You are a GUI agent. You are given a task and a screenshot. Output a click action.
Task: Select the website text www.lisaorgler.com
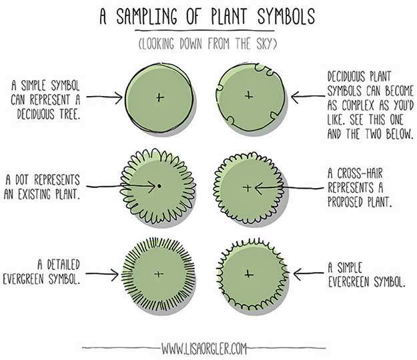[x=207, y=348]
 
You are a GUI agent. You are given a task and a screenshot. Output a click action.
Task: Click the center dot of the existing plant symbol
[x=159, y=185]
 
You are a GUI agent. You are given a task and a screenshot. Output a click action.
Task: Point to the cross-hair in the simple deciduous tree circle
[x=159, y=97]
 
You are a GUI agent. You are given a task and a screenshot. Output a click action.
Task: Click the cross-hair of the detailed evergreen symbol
[x=158, y=273]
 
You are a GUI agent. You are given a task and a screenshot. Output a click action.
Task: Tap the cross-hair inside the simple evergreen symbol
[x=249, y=273]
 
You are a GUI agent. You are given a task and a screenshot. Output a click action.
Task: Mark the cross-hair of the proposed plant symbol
[x=247, y=188]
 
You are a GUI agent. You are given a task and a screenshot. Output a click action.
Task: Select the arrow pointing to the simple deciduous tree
[x=105, y=97]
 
